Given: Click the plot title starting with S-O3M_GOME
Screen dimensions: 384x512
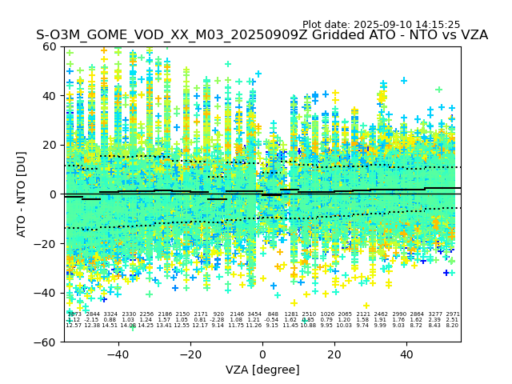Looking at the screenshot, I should click(262, 35).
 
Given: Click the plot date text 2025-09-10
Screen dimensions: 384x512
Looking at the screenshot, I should click(382, 25).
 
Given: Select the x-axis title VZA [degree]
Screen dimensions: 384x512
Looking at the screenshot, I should click(262, 370).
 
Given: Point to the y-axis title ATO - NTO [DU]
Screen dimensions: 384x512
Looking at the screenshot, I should click(22, 194).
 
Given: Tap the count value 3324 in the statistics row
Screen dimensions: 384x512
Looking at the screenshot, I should click(110, 314).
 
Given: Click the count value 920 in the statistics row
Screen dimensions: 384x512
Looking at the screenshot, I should click(218, 314).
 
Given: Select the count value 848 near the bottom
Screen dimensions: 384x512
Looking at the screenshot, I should click(273, 314).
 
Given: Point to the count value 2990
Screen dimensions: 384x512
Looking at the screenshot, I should click(398, 314).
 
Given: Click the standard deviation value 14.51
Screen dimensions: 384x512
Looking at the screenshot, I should click(110, 326).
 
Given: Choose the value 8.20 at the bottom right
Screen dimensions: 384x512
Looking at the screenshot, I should click(452, 326).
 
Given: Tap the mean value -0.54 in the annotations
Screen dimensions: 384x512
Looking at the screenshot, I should click(273, 320).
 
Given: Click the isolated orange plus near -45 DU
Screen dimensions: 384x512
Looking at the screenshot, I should click(366, 305).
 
